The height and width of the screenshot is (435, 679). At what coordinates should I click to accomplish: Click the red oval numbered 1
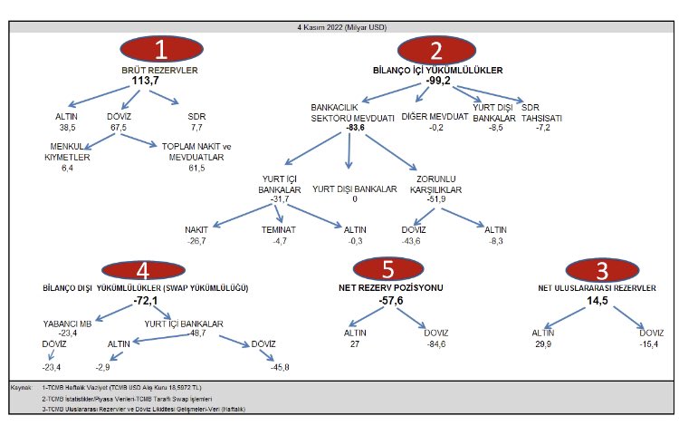[x=161, y=49]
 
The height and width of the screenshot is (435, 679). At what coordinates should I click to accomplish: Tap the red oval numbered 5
[x=388, y=268]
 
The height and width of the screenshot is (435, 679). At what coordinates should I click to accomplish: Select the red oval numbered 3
[x=602, y=270]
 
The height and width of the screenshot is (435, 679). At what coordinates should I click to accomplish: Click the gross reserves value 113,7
[x=146, y=81]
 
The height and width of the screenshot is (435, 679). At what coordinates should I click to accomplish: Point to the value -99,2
[x=438, y=81]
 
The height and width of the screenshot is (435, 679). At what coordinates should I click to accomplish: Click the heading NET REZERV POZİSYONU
[x=390, y=287]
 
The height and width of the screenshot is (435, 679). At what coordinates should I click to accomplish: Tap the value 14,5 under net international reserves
[x=598, y=301]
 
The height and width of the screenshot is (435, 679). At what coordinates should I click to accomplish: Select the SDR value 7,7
[x=196, y=128]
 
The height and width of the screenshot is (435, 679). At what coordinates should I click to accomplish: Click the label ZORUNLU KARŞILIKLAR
[x=435, y=184]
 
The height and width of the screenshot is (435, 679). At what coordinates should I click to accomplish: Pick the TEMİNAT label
[x=279, y=230]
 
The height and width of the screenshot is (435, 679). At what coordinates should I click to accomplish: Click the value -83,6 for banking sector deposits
[x=355, y=128]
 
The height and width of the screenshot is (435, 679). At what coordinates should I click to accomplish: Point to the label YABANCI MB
[x=67, y=324]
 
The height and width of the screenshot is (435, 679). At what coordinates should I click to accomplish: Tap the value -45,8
[x=280, y=367]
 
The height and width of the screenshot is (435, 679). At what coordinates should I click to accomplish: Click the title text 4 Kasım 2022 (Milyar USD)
[x=341, y=27]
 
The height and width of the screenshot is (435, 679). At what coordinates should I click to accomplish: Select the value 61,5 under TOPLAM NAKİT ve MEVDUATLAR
[x=196, y=168]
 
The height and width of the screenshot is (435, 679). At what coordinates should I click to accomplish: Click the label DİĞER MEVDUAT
[x=435, y=117]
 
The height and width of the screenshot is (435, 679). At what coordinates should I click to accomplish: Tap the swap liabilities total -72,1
[x=146, y=301]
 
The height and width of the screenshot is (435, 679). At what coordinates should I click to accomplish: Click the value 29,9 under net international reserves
[x=543, y=344]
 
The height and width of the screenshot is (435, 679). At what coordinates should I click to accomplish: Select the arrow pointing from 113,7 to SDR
[x=164, y=97]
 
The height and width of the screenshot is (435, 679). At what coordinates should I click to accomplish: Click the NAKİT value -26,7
[x=196, y=241]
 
